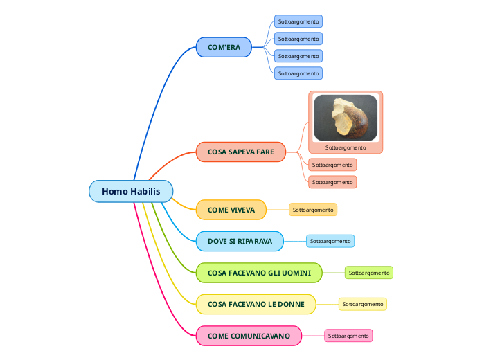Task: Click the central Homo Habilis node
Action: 131,191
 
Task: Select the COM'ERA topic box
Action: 224,47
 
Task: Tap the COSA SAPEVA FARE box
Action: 241,152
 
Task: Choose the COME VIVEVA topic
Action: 231,210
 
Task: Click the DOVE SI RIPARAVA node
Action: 240,241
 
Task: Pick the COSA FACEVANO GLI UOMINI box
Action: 259,273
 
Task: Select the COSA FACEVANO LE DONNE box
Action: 256,304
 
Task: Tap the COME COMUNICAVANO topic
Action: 249,336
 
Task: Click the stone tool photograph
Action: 346,118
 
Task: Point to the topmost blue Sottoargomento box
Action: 298,21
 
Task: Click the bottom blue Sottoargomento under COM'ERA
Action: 298,73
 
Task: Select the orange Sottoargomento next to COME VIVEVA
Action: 313,210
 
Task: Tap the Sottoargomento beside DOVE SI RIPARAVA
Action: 330,241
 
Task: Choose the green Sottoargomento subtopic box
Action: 369,273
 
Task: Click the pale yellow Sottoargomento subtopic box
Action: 363,304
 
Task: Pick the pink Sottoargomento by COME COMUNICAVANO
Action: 349,336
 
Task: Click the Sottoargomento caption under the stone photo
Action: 346,147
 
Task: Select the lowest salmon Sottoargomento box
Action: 332,182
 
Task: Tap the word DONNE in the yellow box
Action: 291,304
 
